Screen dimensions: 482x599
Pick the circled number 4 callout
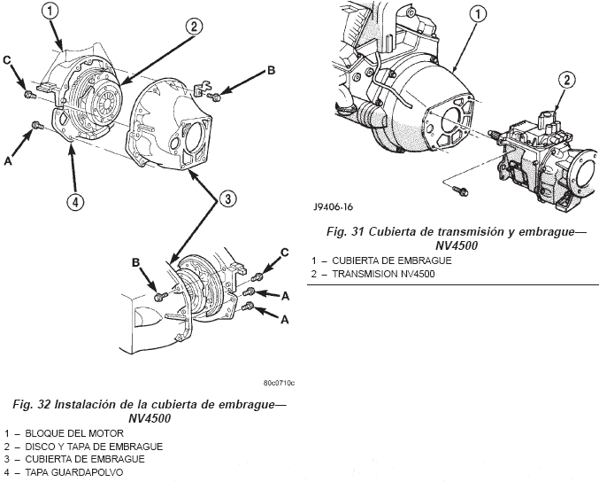75,203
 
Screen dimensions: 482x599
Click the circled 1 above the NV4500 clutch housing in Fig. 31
477,14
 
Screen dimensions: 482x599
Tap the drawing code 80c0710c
279,384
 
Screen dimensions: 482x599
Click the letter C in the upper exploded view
8,59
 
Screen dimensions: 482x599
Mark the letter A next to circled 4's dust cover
8,160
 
